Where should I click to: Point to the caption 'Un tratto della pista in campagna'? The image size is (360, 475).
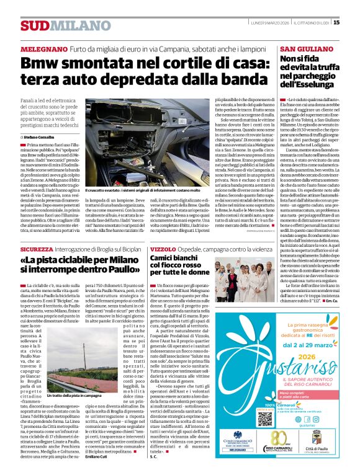73,395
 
